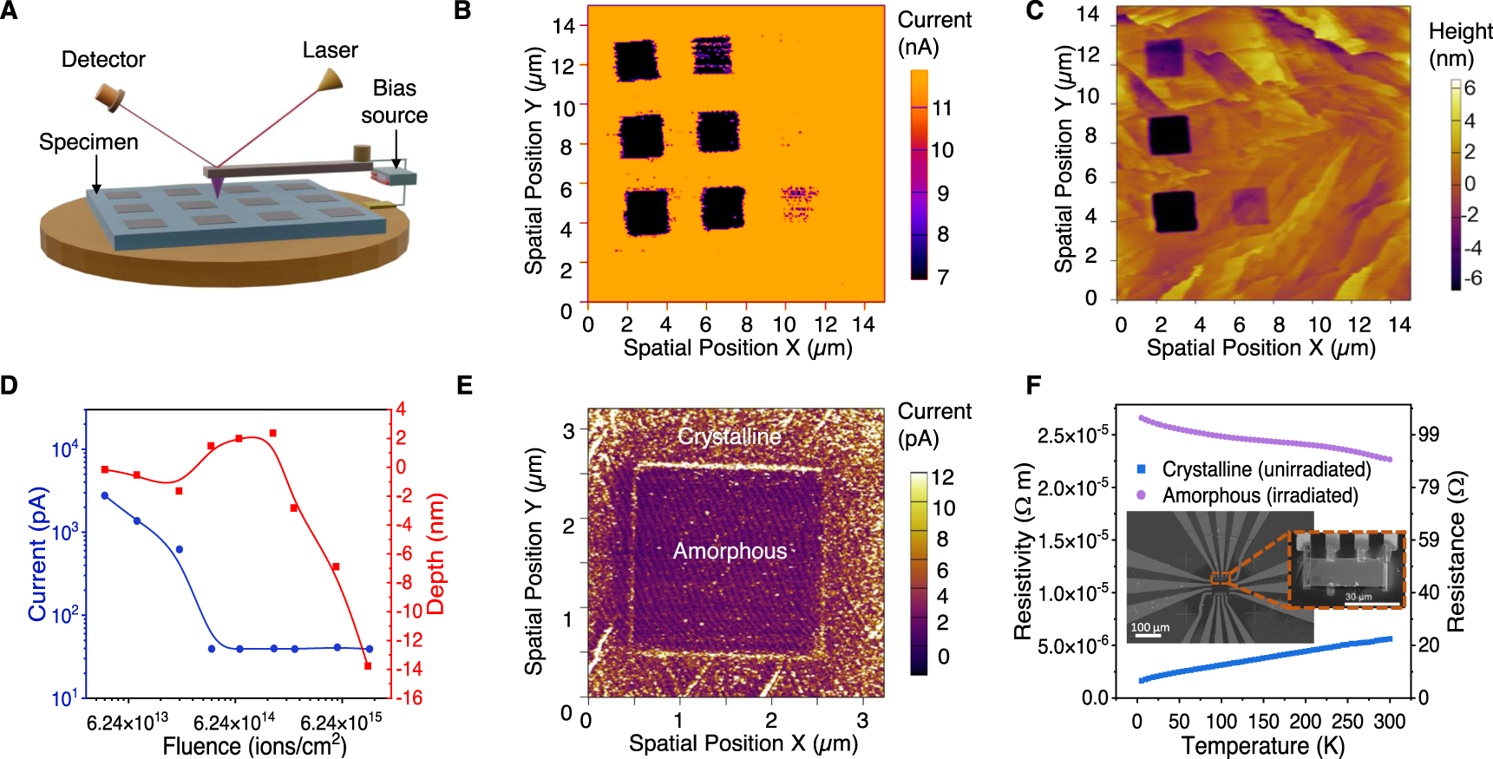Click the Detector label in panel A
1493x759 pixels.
(103, 59)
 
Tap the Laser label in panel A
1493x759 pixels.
(330, 50)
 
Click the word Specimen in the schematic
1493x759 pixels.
(88, 141)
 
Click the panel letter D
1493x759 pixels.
(10, 385)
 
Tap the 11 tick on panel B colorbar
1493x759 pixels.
(942, 108)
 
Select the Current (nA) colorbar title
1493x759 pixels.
(933, 33)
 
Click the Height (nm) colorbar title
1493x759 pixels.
(1460, 45)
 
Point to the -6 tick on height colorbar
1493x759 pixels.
(1473, 278)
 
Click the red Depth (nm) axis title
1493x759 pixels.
(435, 553)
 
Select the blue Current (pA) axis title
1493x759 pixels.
(36, 553)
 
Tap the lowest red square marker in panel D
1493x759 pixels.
(368, 666)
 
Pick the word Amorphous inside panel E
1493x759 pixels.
(730, 551)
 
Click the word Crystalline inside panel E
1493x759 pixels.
(729, 436)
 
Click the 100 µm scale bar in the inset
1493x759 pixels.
(1149, 636)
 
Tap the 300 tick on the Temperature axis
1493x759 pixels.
(1390, 722)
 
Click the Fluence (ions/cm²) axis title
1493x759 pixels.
(254, 745)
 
